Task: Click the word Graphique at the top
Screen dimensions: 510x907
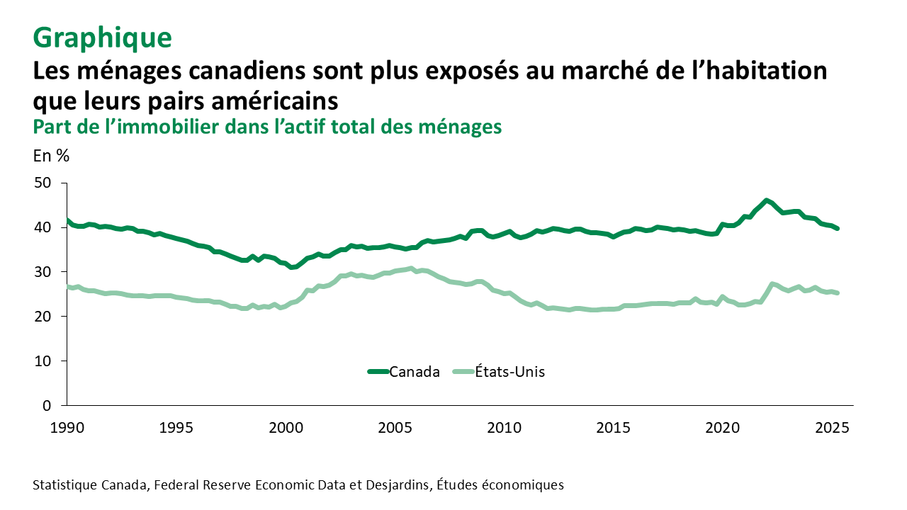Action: (102, 38)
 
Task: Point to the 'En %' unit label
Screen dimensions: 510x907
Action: (51, 156)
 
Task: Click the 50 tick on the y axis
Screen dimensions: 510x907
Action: (43, 183)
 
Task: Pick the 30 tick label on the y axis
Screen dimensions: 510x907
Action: (43, 272)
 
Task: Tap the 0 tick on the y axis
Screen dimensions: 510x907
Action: (47, 406)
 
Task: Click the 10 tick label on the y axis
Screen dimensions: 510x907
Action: (43, 361)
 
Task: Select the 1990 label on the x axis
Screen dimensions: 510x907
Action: (67, 428)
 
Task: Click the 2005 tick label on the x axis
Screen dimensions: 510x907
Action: (395, 428)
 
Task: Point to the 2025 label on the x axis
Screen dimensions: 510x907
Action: (833, 428)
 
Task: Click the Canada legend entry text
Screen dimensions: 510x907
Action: (415, 372)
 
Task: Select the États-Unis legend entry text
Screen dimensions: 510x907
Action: (509, 372)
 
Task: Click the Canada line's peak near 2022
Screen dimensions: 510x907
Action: (766, 200)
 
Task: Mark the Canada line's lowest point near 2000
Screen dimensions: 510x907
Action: (292, 267)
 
